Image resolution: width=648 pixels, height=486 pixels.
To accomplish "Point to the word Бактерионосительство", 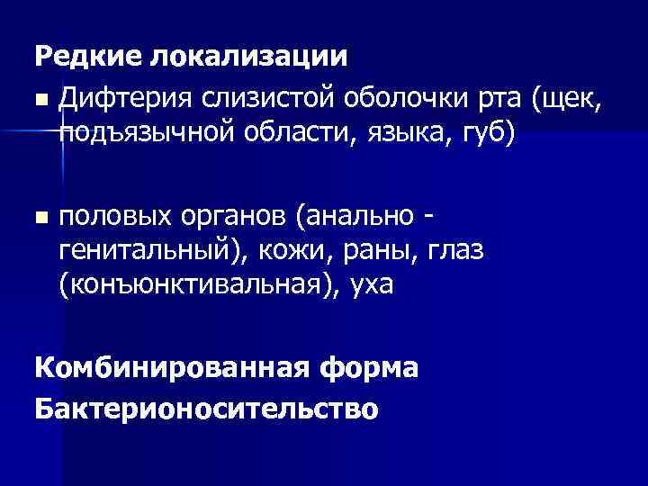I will click(206, 408).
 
